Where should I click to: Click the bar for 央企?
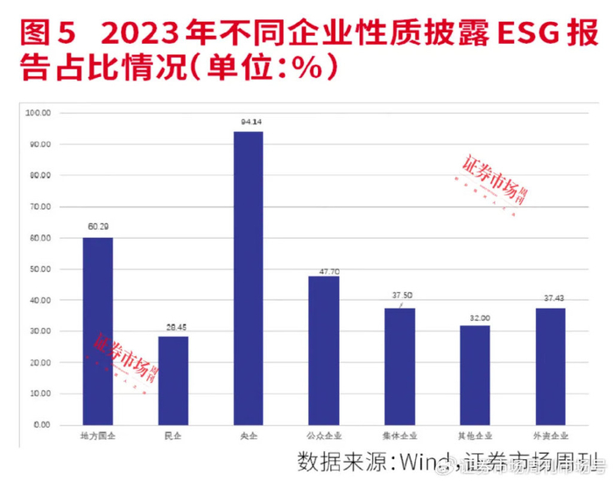tap(248, 278)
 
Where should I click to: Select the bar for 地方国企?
tap(97, 331)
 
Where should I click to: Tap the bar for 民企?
tap(173, 380)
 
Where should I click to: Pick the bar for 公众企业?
tap(323, 350)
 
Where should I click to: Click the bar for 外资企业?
tap(550, 366)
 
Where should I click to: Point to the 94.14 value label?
tap(248, 122)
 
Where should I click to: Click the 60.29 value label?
tap(97, 227)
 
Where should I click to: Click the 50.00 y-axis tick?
tap(40, 269)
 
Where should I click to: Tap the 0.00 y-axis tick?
tap(43, 425)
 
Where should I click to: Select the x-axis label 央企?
tap(248, 435)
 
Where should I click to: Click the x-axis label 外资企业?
tap(550, 435)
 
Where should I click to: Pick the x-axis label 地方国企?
tap(97, 435)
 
